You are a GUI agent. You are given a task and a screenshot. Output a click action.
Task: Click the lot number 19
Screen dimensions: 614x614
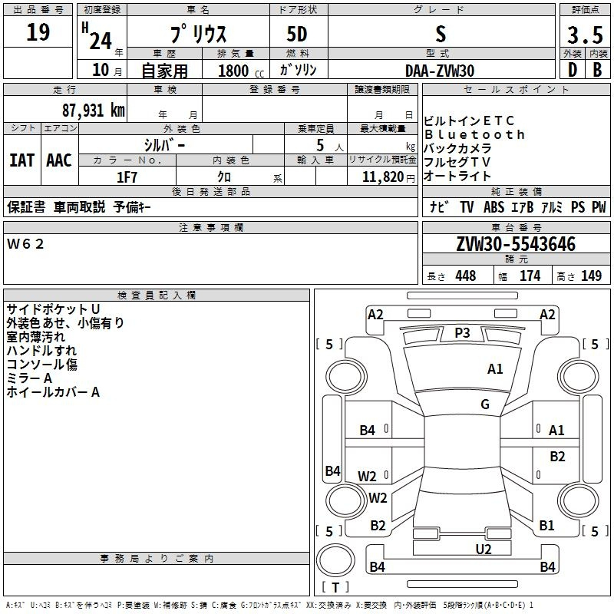(x=38, y=31)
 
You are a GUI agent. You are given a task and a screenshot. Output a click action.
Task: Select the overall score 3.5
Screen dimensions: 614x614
(x=585, y=35)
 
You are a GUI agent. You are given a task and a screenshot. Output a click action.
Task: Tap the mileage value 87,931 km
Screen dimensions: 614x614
(x=94, y=110)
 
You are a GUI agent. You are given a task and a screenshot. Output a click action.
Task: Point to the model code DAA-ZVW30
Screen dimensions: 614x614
(x=440, y=71)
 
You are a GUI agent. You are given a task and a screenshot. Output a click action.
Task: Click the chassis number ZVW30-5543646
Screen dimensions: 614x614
(x=516, y=244)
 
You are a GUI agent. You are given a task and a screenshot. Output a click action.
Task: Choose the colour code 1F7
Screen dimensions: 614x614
(x=127, y=177)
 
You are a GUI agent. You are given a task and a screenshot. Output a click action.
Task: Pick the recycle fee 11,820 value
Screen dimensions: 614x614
(x=382, y=177)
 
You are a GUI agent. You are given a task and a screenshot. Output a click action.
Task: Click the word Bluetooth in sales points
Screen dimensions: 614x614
(x=474, y=134)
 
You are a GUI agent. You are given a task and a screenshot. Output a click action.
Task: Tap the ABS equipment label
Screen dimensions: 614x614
(x=494, y=206)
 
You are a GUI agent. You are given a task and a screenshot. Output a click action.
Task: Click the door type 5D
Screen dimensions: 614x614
(x=297, y=34)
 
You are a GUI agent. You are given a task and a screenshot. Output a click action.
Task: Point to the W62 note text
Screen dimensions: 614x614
(x=25, y=244)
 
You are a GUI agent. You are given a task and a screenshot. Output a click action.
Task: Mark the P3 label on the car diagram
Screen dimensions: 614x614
(x=462, y=333)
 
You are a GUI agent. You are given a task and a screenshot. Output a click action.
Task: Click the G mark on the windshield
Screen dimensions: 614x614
(x=485, y=404)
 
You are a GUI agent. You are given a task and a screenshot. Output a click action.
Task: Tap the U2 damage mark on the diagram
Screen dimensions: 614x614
(x=484, y=549)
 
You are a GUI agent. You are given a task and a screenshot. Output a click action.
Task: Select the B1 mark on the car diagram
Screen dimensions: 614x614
(x=546, y=525)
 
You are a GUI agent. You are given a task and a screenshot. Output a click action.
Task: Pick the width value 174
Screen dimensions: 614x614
(x=530, y=276)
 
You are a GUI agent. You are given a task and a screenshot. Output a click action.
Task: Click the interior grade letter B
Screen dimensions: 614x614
(x=597, y=70)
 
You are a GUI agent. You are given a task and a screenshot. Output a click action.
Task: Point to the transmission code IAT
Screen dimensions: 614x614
(x=21, y=160)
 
